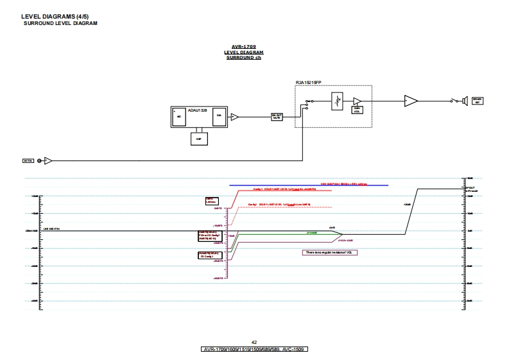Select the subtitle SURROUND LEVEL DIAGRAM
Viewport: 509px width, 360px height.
point(60,23)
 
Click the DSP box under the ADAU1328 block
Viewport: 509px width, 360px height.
point(198,138)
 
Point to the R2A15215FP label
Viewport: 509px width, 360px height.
point(308,83)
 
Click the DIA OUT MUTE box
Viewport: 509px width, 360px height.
point(277,117)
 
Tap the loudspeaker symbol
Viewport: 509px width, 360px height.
point(458,100)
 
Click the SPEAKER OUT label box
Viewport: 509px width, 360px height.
point(477,100)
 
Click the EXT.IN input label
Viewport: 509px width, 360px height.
point(28,160)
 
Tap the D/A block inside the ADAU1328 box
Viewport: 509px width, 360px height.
point(219,116)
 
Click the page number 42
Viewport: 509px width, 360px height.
point(254,343)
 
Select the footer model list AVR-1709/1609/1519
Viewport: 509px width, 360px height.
point(254,350)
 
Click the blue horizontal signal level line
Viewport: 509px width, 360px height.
point(308,185)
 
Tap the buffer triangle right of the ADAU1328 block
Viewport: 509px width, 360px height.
point(234,117)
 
